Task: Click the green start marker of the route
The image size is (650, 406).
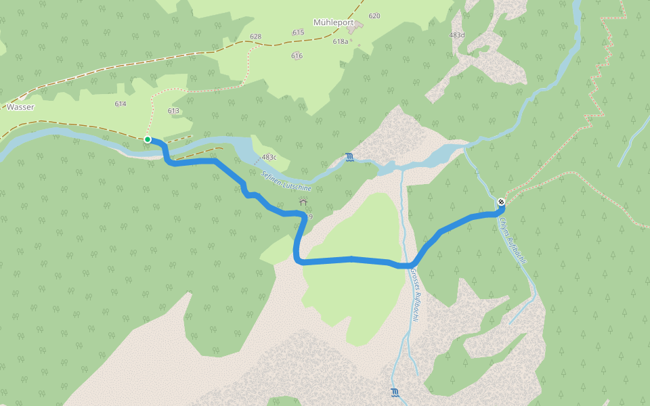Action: click(x=148, y=139)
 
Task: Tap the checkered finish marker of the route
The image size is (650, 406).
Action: click(x=501, y=201)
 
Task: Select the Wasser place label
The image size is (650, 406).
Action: click(x=20, y=107)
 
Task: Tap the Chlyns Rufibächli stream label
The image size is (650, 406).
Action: click(x=512, y=240)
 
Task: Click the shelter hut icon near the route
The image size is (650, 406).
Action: click(x=303, y=201)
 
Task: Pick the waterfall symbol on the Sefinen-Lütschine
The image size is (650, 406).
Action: click(x=349, y=158)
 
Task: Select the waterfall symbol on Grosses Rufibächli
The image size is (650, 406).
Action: click(x=395, y=392)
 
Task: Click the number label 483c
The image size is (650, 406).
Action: click(x=269, y=157)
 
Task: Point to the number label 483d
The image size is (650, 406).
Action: click(x=457, y=35)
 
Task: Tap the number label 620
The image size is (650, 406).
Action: click(x=374, y=16)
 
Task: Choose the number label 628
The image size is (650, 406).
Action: click(x=255, y=37)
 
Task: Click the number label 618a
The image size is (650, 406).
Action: click(x=341, y=41)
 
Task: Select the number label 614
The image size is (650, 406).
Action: click(x=121, y=104)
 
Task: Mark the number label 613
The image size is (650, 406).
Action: click(x=173, y=111)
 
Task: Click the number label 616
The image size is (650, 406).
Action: click(x=297, y=56)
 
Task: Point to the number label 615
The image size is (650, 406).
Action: click(x=298, y=32)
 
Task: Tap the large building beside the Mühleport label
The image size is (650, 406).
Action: click(x=357, y=26)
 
